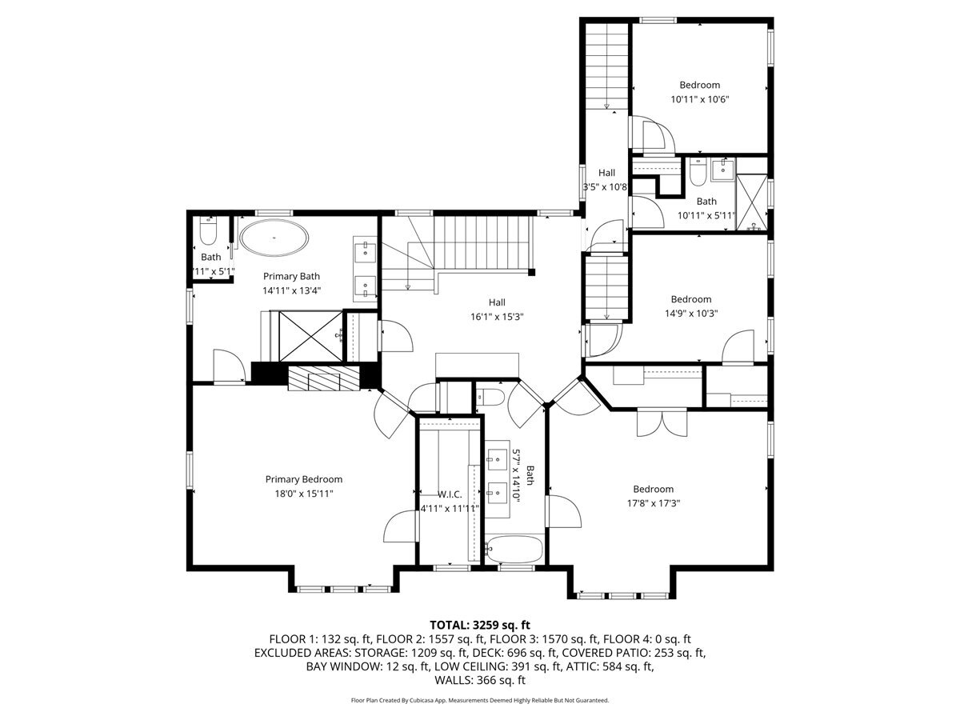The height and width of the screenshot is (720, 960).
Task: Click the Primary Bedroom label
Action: pyautogui.click(x=303, y=479)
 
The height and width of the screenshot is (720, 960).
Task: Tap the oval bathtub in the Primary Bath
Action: pyautogui.click(x=274, y=238)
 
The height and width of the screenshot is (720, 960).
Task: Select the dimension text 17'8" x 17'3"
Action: pyautogui.click(x=653, y=504)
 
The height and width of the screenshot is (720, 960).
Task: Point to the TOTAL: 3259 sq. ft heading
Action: pyautogui.click(x=480, y=625)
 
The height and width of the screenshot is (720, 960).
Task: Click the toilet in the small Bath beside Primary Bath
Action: pyautogui.click(x=208, y=233)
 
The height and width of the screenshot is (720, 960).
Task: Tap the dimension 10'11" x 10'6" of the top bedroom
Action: pyautogui.click(x=699, y=100)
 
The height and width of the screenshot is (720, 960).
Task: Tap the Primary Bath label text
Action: pyautogui.click(x=291, y=276)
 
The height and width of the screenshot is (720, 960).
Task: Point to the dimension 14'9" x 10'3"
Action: pyautogui.click(x=690, y=314)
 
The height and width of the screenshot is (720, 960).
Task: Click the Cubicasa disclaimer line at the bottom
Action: pyautogui.click(x=480, y=700)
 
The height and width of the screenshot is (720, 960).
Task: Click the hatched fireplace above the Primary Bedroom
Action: pyautogui.click(x=323, y=379)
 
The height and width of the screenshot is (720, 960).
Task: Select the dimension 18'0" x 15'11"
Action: pyautogui.click(x=303, y=494)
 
